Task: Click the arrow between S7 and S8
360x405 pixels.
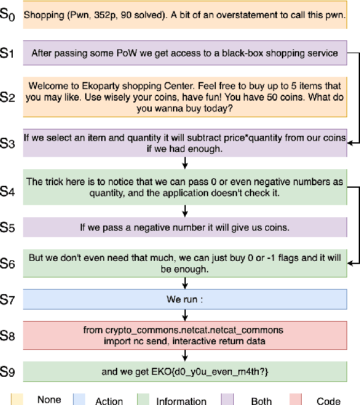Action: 184,315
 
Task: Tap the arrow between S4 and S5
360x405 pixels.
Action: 184,210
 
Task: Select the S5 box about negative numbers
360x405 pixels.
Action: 184,226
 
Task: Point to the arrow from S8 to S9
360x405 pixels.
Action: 184,355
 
